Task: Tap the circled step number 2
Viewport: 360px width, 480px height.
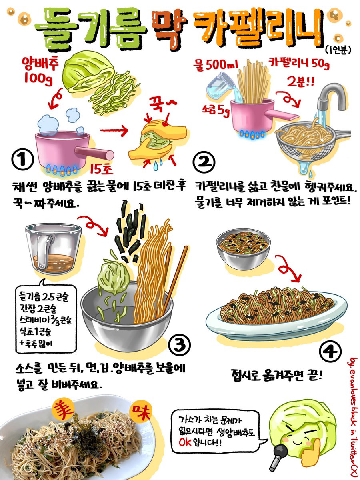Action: [204, 163]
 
